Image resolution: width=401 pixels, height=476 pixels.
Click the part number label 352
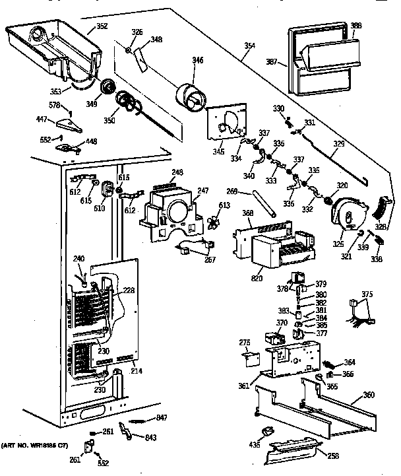102,26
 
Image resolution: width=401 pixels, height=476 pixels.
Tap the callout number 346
198,60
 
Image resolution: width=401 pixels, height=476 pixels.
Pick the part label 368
247,213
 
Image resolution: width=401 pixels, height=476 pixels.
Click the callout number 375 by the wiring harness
367,295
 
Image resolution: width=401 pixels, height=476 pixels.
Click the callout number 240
79,259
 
